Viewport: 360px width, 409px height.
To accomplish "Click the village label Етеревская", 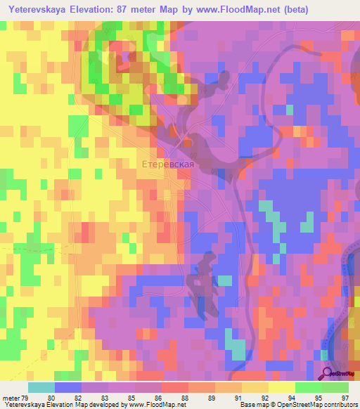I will point(167,164).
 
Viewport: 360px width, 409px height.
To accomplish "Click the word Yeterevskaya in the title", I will point(43,9).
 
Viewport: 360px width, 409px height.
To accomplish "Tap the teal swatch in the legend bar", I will point(41,387).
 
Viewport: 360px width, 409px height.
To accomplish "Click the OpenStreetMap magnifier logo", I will point(327,374).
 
